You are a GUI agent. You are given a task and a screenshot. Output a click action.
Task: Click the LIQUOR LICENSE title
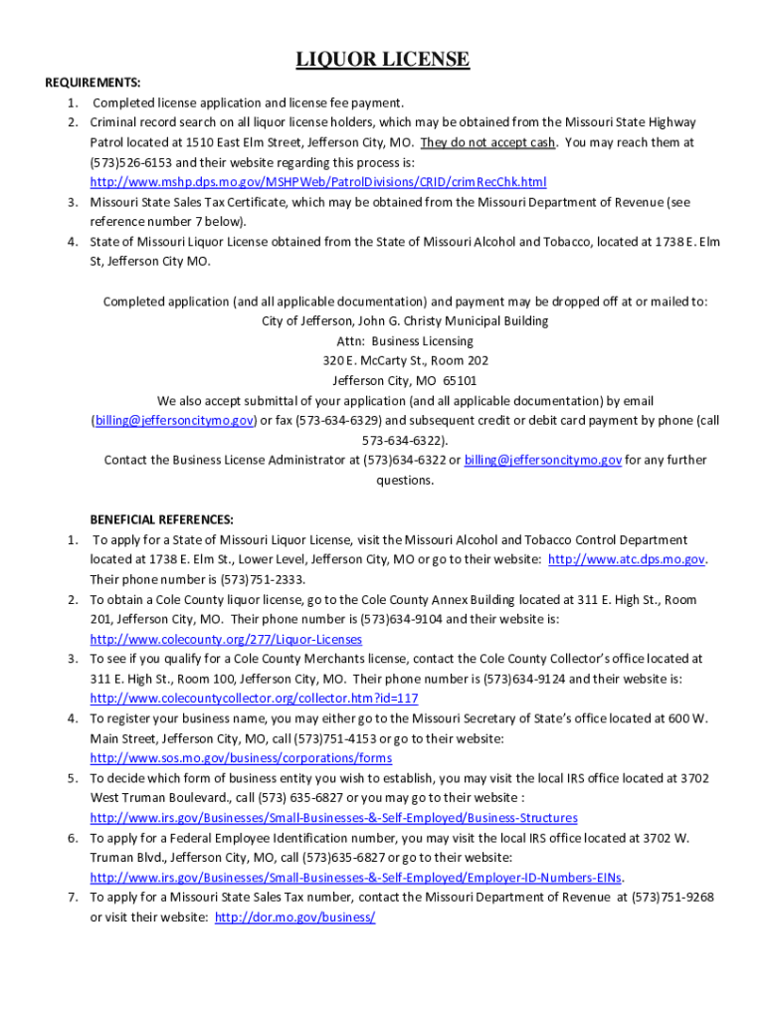(x=383, y=60)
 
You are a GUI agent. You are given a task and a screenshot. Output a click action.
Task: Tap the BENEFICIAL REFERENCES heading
(x=162, y=519)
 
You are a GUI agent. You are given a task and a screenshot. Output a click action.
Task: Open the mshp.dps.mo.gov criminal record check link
(x=318, y=182)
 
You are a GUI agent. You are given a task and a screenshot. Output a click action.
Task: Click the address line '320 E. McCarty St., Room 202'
(x=383, y=360)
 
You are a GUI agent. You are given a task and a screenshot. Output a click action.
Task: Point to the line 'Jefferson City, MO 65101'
(x=383, y=380)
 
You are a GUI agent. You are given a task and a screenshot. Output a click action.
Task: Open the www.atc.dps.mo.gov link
(x=627, y=559)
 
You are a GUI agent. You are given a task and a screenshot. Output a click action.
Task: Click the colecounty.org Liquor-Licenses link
(x=226, y=639)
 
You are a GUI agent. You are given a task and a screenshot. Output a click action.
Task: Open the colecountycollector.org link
(x=254, y=699)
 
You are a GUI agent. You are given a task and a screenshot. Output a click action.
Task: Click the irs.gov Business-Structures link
(x=333, y=818)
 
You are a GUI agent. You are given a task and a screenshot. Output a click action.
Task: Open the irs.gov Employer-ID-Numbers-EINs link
(x=356, y=878)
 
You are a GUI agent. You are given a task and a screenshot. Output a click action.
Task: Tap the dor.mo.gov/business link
(x=295, y=917)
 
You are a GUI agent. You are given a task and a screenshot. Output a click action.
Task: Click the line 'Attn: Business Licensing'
(x=383, y=340)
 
